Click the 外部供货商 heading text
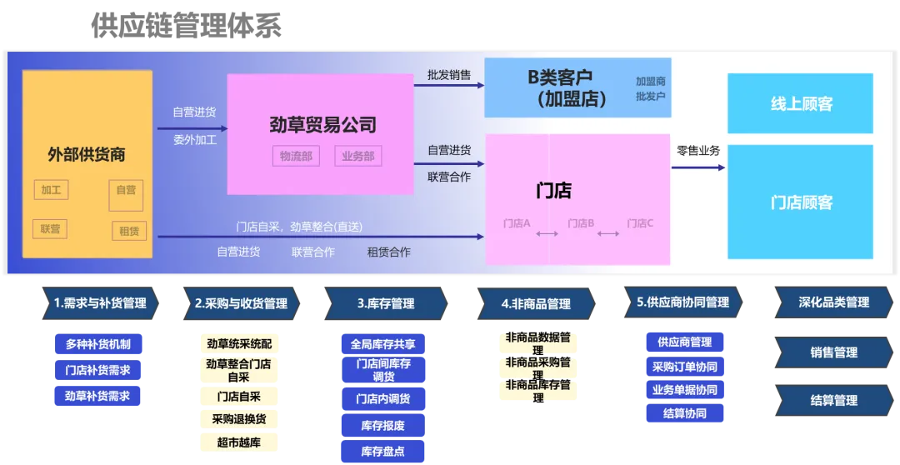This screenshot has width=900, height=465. (x=87, y=154)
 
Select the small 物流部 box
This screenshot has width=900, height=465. (x=296, y=156)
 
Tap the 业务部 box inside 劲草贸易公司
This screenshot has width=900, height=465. (x=357, y=156)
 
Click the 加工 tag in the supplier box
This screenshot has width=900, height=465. (x=51, y=190)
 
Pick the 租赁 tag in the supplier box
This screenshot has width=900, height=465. (x=128, y=231)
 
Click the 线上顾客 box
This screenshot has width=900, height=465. (x=800, y=104)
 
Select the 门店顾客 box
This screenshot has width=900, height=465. (x=800, y=202)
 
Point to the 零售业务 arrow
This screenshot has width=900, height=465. (x=698, y=167)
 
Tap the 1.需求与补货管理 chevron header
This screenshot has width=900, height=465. (x=98, y=304)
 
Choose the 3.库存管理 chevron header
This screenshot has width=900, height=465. (x=385, y=304)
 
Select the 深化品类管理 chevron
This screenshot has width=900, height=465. (x=832, y=302)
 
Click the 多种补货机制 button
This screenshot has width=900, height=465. (x=97, y=344)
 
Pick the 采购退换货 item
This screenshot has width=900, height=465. (x=239, y=419)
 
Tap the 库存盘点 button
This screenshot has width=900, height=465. (x=383, y=452)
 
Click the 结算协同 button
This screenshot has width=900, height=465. (x=684, y=413)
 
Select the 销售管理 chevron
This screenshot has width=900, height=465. (x=832, y=352)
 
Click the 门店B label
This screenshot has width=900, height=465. (x=581, y=223)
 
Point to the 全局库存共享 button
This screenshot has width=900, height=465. (x=383, y=344)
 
